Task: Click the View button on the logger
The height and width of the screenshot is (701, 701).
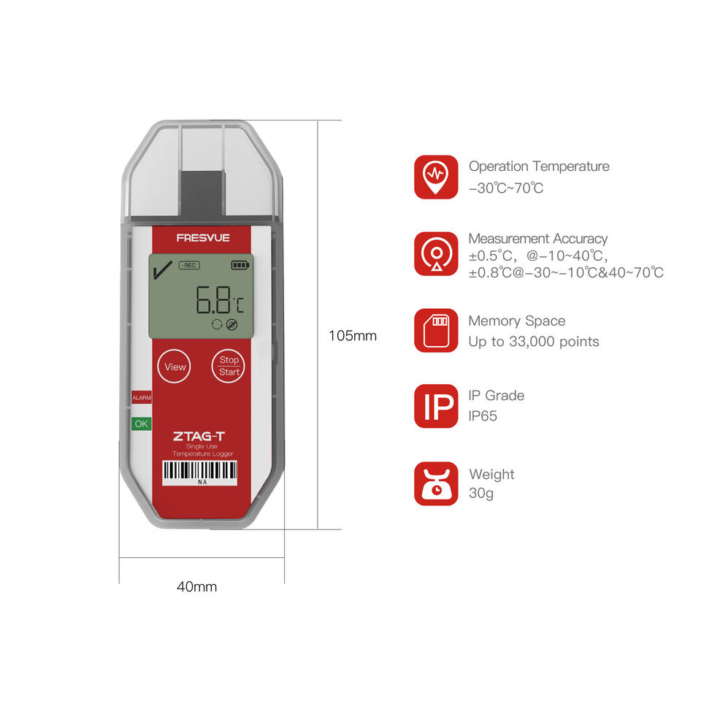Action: (175, 367)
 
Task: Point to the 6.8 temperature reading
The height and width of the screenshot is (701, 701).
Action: (212, 299)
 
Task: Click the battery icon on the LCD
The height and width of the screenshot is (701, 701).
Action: (240, 265)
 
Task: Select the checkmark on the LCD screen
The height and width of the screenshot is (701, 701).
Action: (162, 272)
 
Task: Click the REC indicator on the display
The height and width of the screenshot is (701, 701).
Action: (188, 265)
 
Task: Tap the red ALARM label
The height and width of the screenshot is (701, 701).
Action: (141, 398)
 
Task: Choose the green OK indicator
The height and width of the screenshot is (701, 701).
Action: (140, 424)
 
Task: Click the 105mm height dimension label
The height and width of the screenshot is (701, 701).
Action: (353, 336)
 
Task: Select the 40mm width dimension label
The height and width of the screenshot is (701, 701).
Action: (196, 586)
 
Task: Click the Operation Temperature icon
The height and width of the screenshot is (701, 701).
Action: (436, 177)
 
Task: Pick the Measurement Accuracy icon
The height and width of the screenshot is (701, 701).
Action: (436, 253)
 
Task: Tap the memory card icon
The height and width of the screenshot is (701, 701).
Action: (436, 330)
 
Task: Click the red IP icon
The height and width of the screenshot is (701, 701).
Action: (436, 406)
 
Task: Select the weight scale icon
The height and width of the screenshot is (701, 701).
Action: (436, 483)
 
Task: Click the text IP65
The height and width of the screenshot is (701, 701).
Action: (483, 416)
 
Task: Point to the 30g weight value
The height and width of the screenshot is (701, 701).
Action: (481, 494)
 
